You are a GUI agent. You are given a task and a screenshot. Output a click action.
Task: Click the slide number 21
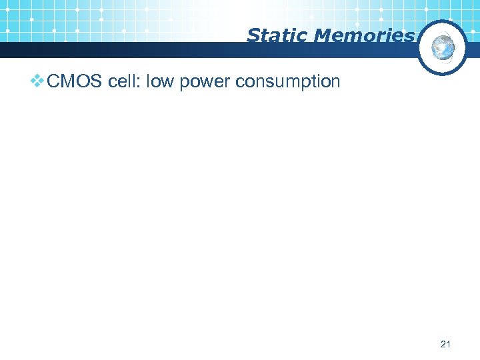pos(446,344)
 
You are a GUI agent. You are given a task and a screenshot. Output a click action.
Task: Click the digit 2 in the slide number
pos(443,344)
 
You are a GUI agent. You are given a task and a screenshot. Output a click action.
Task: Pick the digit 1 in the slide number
pos(449,344)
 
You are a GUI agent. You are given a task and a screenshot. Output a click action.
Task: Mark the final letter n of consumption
pos(335,83)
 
